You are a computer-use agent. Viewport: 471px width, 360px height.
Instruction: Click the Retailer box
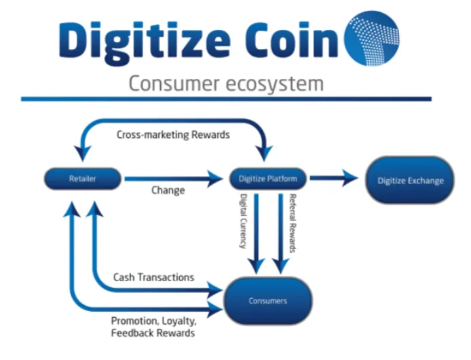coord(83,179)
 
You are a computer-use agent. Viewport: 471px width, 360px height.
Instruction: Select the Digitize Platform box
coord(267,179)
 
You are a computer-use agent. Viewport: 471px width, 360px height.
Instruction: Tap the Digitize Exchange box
coord(410,180)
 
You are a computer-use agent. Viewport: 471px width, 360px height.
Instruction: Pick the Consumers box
coord(268,301)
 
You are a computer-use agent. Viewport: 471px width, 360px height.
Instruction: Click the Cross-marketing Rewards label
coord(173,134)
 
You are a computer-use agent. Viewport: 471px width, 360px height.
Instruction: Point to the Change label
coord(168,190)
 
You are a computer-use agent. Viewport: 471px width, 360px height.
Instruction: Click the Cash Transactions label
coord(153,277)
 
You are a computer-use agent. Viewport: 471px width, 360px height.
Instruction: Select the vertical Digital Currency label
coord(244,221)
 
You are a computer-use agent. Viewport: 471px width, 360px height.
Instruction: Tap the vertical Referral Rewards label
coord(293,223)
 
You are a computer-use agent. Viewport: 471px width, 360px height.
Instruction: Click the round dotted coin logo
coord(371,38)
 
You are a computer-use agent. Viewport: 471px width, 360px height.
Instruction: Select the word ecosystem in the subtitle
coord(275,84)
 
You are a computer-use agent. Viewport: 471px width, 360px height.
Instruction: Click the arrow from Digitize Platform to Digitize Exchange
coord(334,178)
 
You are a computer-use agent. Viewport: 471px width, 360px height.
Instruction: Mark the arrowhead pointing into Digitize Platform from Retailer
coord(215,179)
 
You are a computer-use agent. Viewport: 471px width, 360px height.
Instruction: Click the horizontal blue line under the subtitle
coord(226,99)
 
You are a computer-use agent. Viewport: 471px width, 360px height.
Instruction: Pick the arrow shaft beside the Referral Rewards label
coord(280,229)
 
